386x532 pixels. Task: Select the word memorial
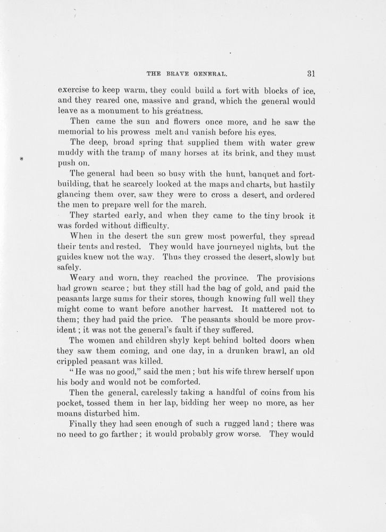click(77, 133)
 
